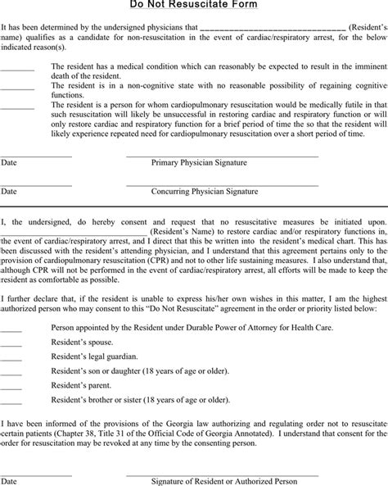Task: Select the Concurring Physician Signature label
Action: [205, 192]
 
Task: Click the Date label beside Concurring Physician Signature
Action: [9, 192]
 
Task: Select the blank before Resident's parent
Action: [11, 385]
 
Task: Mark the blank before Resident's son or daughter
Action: [11, 370]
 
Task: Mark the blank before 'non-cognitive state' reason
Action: [17, 85]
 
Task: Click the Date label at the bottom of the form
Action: [9, 480]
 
